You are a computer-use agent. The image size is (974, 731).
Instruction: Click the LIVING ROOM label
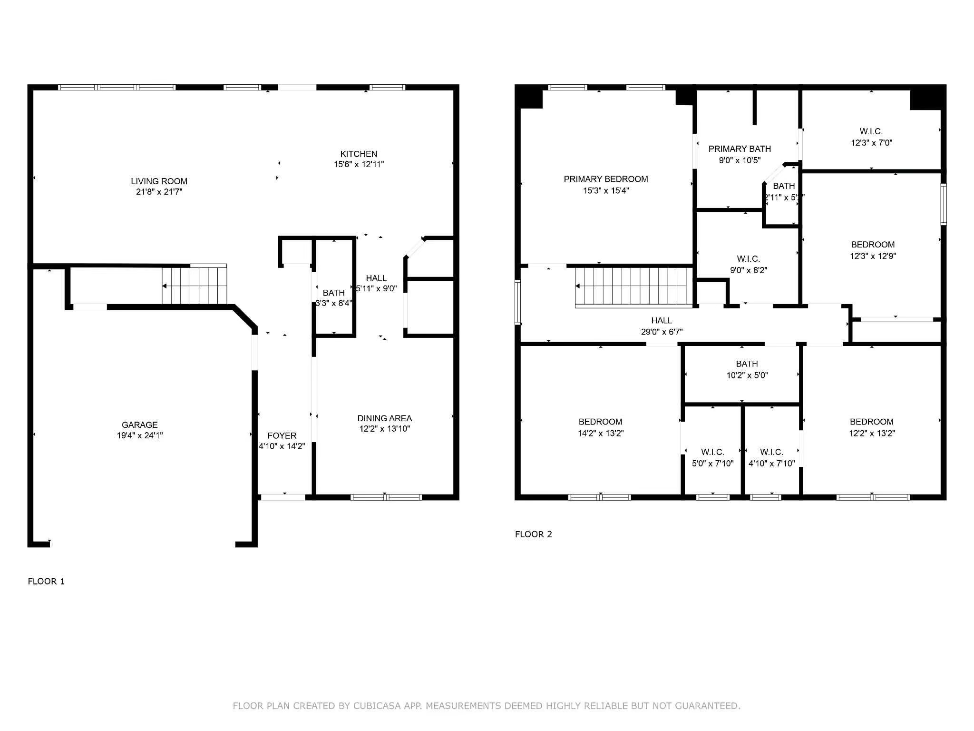tap(159, 181)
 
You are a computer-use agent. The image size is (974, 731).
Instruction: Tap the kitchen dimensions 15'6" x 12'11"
tap(359, 164)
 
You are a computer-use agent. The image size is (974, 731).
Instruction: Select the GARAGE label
tap(139, 425)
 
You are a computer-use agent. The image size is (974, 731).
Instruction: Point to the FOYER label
tap(282, 435)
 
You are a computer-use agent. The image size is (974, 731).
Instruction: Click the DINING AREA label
tap(384, 418)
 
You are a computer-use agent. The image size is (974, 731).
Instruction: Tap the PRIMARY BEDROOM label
tap(605, 179)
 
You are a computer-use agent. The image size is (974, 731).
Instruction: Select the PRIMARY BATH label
tap(739, 149)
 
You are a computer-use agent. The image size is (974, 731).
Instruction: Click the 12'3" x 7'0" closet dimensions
tap(871, 142)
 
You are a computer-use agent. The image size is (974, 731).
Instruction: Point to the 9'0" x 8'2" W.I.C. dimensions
tap(748, 270)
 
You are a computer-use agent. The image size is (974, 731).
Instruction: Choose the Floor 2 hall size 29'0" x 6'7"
tap(661, 332)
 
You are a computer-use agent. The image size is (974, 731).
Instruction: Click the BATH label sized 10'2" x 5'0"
tap(747, 364)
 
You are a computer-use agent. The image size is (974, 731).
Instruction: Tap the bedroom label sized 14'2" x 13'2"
tap(600, 422)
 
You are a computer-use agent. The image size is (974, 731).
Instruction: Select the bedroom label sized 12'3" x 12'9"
tap(872, 245)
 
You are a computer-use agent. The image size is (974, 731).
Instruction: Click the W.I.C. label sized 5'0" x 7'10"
tap(712, 452)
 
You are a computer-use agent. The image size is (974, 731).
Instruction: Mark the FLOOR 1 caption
tap(46, 581)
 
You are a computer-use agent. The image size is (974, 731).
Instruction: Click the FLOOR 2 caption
tap(533, 534)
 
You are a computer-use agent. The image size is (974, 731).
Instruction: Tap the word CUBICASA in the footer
tap(377, 706)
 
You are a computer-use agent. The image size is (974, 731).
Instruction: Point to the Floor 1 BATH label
tap(333, 293)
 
